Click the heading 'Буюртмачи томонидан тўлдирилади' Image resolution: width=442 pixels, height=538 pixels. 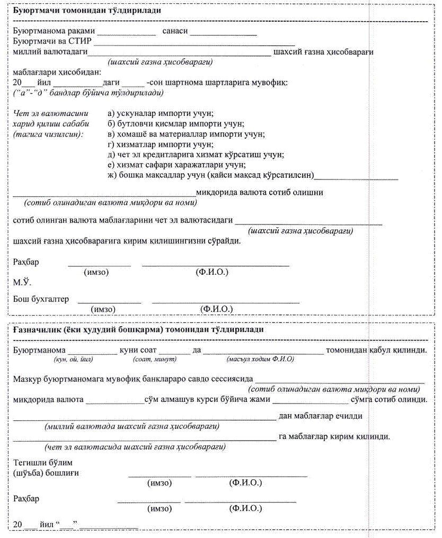click(87, 11)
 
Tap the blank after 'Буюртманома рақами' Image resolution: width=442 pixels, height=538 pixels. click(126, 33)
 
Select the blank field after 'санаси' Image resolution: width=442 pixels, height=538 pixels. click(223, 33)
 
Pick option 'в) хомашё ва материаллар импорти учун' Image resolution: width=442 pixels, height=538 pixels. click(185, 134)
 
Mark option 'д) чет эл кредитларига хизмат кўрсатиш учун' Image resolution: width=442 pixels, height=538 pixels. click(196, 155)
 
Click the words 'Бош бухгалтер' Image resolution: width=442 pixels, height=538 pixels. click(41, 299)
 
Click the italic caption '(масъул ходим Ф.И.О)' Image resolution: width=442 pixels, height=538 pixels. click(260, 359)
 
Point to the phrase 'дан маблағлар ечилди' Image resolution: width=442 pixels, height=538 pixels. click(320, 416)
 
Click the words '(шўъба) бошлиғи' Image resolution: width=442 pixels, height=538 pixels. click(46, 473)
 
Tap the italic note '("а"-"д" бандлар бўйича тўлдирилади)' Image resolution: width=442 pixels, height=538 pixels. click(88, 93)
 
